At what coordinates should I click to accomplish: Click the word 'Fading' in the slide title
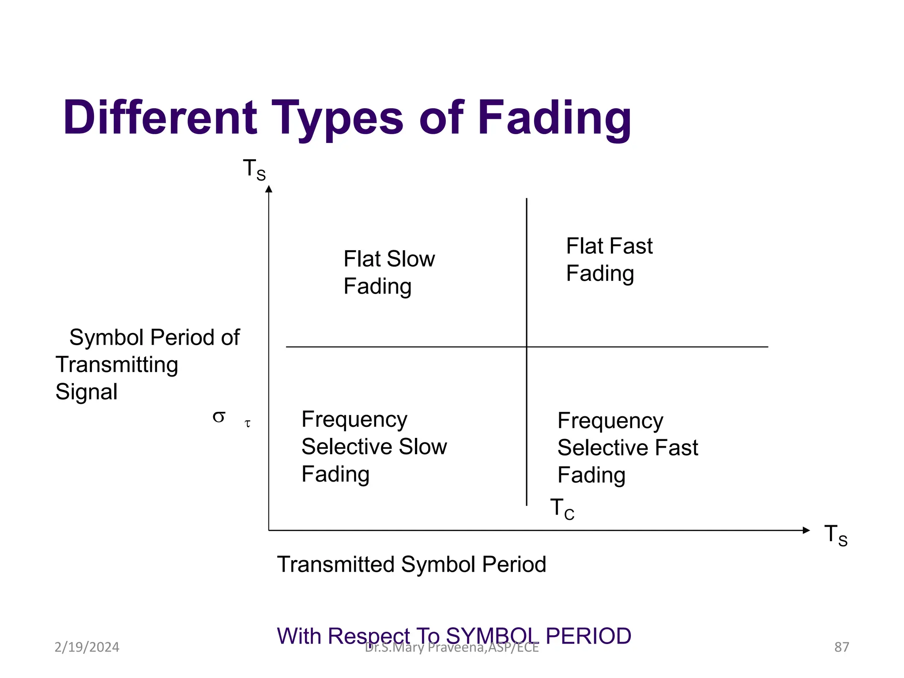(x=554, y=118)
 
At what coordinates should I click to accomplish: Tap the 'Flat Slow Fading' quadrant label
(x=388, y=272)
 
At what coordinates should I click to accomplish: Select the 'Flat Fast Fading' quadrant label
(x=609, y=259)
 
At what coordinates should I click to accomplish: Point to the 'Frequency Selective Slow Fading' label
(x=374, y=446)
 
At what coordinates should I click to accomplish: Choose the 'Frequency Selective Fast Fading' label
(x=627, y=448)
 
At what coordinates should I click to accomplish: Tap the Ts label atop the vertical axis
(x=254, y=169)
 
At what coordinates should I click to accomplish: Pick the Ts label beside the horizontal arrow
(x=836, y=535)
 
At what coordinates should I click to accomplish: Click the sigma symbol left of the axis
(x=219, y=416)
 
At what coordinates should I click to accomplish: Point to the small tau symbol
(x=248, y=424)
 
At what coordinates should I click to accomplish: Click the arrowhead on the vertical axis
(x=268, y=189)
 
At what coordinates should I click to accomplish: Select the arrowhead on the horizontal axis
(x=806, y=530)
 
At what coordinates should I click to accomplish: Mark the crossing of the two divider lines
(x=527, y=347)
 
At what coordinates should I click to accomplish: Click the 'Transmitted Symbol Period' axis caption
(x=411, y=564)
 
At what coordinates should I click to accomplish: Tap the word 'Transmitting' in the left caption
(x=117, y=365)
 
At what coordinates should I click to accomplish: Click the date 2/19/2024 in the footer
(x=87, y=647)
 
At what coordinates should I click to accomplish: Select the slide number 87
(x=841, y=647)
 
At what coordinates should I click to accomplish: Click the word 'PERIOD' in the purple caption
(x=588, y=636)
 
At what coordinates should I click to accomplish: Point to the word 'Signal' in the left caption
(x=87, y=392)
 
